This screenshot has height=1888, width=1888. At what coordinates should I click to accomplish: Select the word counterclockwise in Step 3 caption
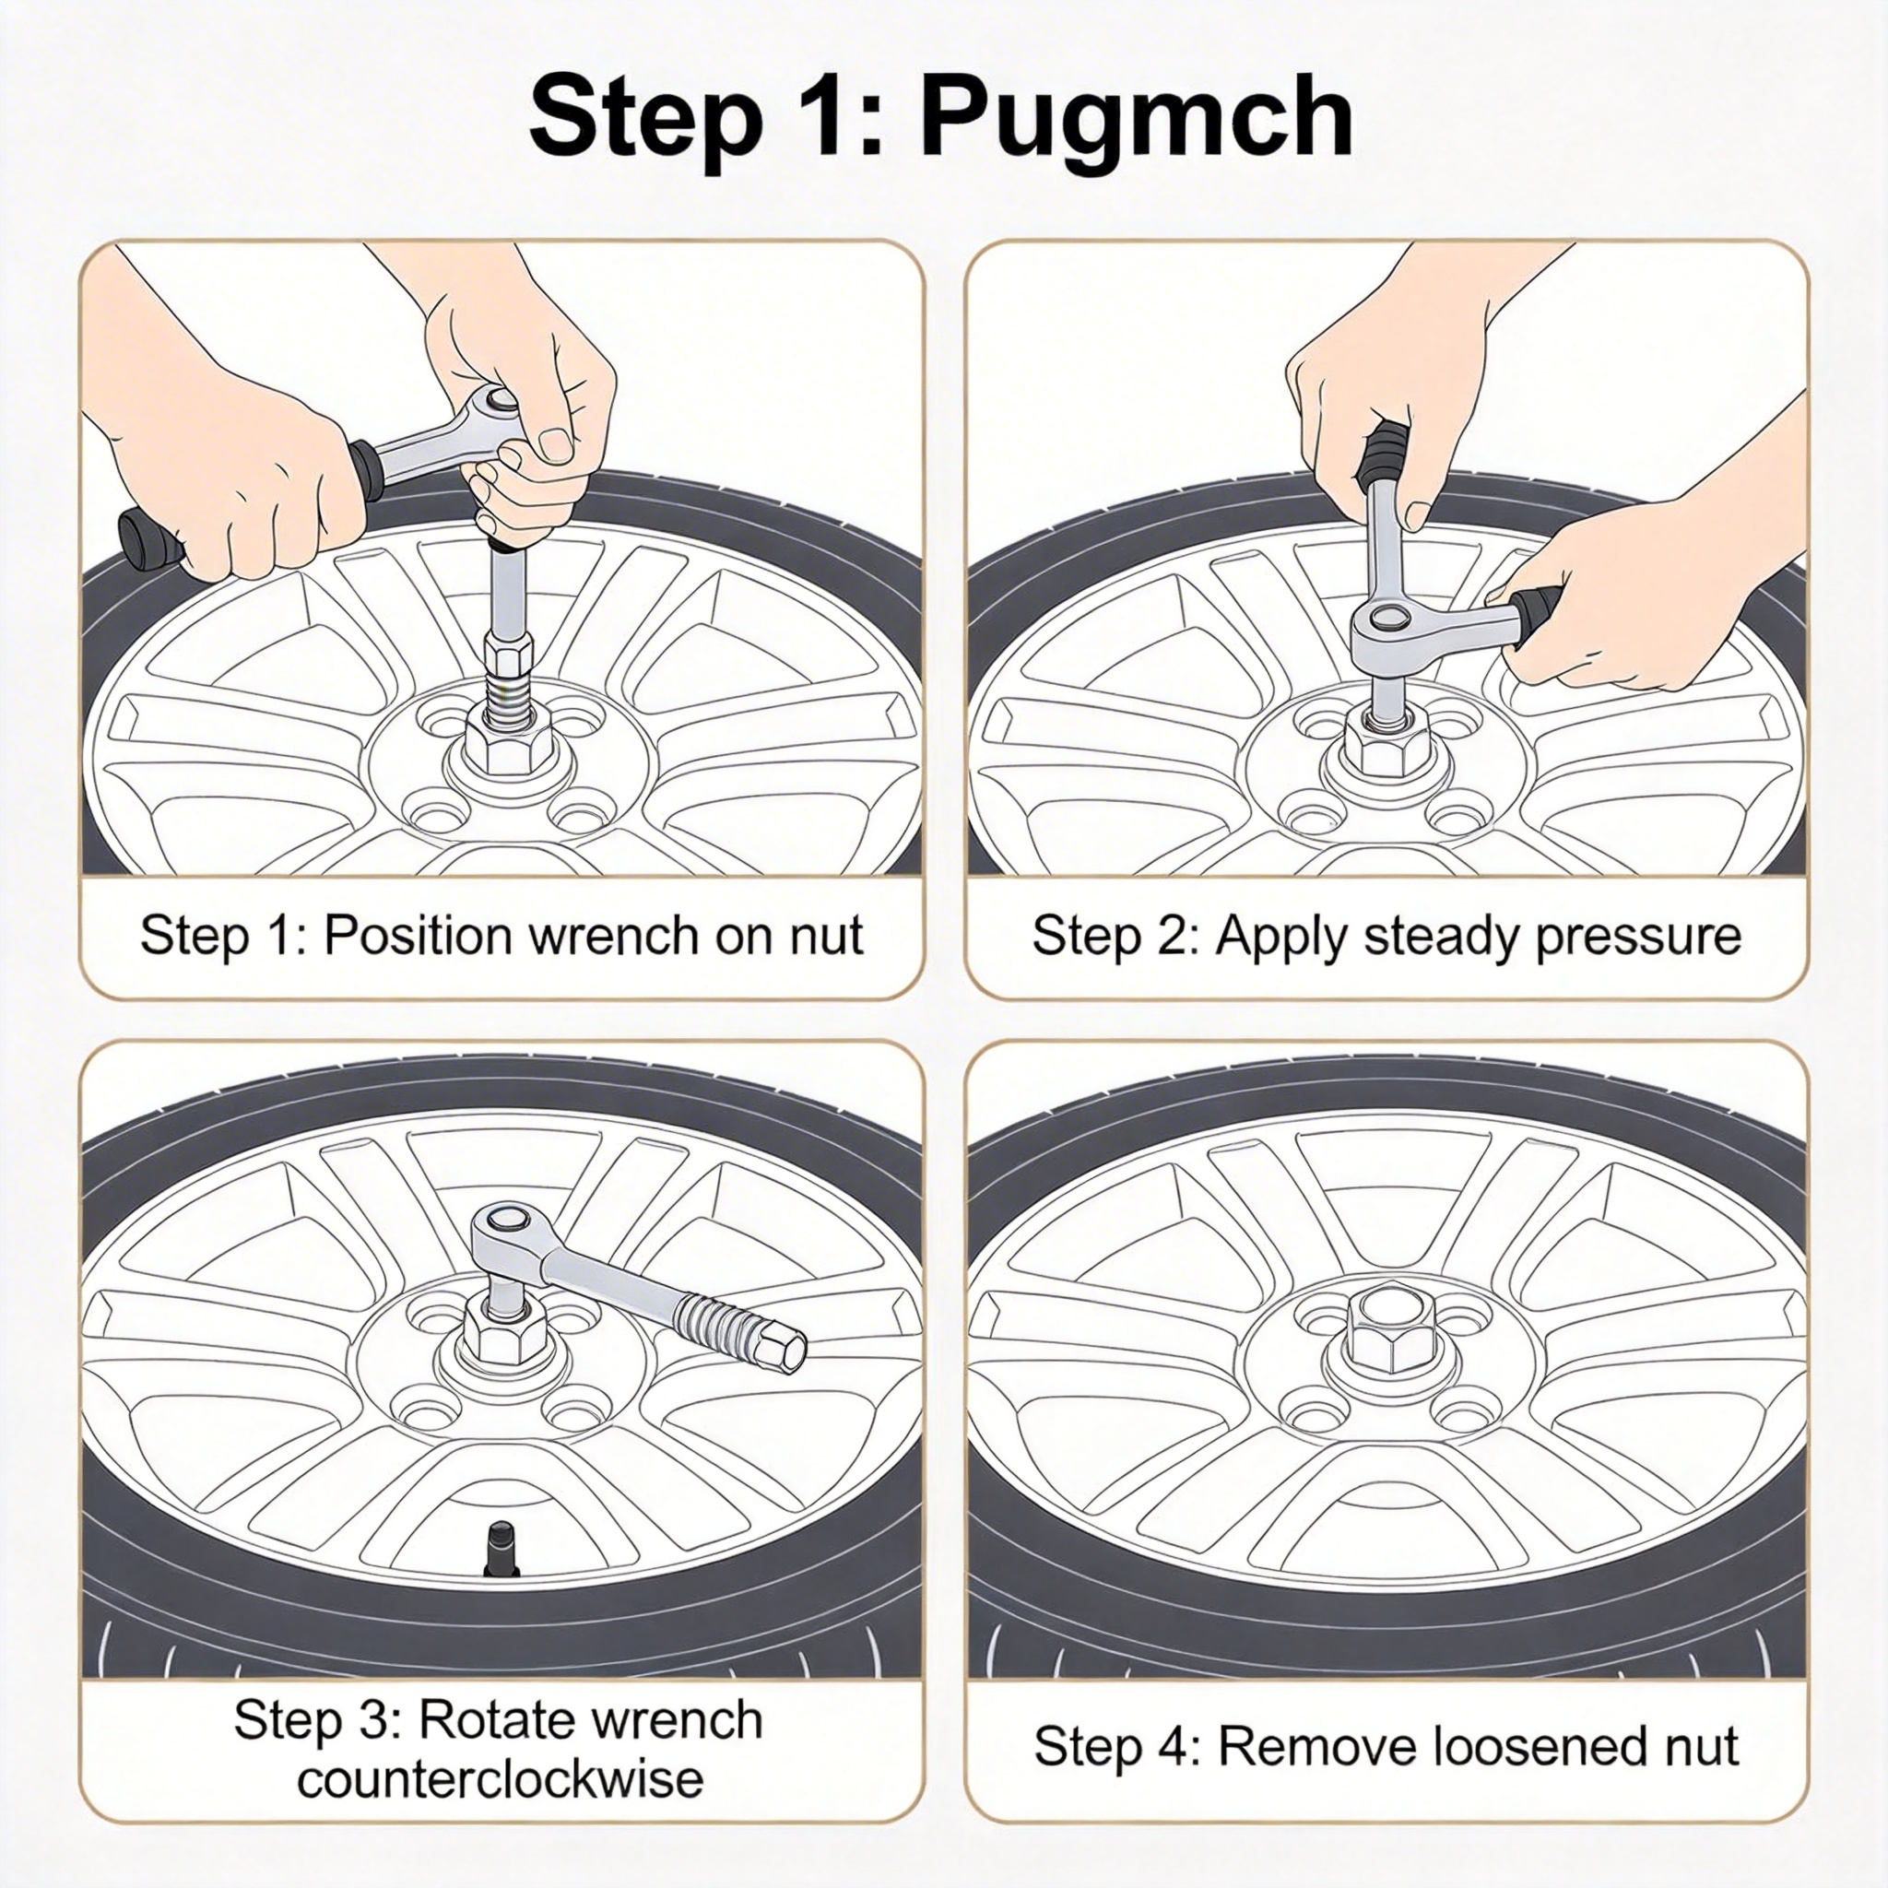[x=501, y=1777]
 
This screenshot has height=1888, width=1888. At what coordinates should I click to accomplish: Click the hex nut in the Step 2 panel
[x=1387, y=748]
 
